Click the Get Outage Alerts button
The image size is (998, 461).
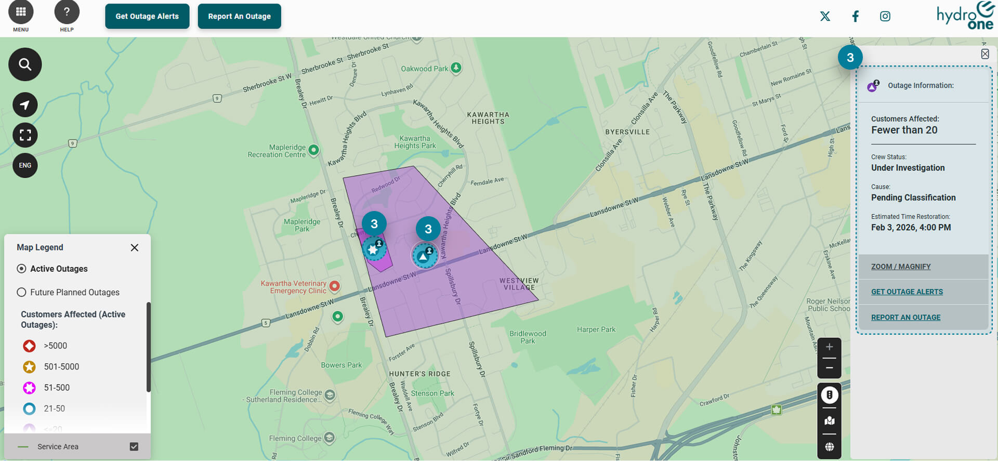[147, 16]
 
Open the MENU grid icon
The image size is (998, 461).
[21, 12]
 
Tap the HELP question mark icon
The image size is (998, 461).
[67, 12]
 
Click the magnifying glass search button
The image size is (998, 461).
[25, 64]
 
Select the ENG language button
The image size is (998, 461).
[25, 165]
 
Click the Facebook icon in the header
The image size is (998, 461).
[855, 16]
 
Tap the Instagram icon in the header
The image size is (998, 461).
[885, 16]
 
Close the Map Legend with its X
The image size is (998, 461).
[135, 247]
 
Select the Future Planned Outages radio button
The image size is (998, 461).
[21, 292]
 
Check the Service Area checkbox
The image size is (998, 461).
[134, 446]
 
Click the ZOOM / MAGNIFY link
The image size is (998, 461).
[901, 267]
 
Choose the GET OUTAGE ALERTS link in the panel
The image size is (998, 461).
[907, 292]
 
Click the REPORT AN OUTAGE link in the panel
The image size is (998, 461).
[905, 318]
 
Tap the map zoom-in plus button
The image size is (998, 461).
[829, 347]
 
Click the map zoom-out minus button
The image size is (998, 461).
[829, 368]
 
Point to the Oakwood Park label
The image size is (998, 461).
[424, 69]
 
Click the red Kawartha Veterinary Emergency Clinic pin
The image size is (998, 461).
[335, 285]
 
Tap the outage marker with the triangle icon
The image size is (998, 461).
[424, 256]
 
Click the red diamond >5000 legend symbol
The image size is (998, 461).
[30, 346]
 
